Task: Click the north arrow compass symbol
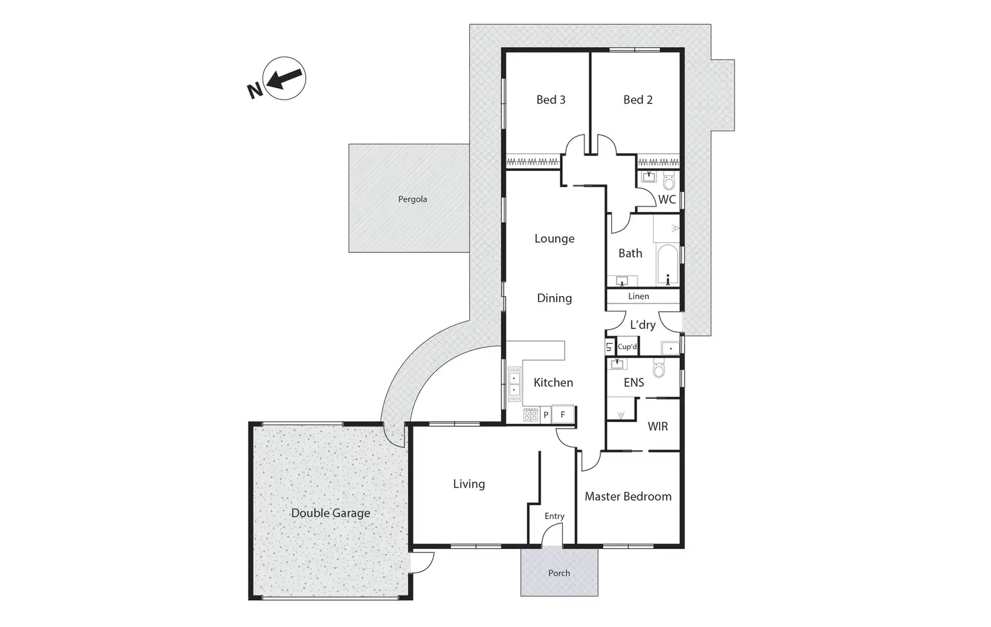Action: click(x=284, y=78)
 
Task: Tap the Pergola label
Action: click(x=412, y=199)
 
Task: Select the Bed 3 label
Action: click(x=551, y=100)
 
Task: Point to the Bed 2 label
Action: click(x=638, y=100)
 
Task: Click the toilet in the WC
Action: click(x=669, y=181)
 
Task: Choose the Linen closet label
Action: click(x=638, y=296)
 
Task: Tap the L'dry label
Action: click(x=642, y=325)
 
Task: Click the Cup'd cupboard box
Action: click(x=627, y=346)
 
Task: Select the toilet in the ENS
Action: click(x=659, y=368)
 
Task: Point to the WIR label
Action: click(x=658, y=427)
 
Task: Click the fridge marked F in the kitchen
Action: click(x=563, y=415)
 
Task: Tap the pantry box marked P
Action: click(x=546, y=415)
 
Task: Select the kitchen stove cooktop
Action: click(x=531, y=415)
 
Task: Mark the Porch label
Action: click(x=559, y=573)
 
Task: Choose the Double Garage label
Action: click(x=331, y=513)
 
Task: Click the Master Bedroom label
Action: click(x=628, y=496)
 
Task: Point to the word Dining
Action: click(x=554, y=299)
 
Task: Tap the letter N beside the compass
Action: click(x=254, y=91)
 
